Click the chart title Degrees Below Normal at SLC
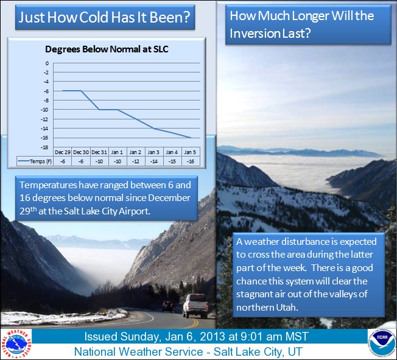pyautogui.click(x=107, y=49)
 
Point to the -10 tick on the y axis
pyautogui.click(x=46, y=110)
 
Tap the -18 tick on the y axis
pyautogui.click(x=46, y=147)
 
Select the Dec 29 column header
pyautogui.click(x=63, y=152)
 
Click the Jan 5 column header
pyautogui.click(x=190, y=152)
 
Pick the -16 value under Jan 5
pyautogui.click(x=190, y=161)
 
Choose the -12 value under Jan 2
pyautogui.click(x=136, y=161)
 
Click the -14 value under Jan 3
pyautogui.click(x=154, y=161)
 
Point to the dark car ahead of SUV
pyautogui.click(x=167, y=306)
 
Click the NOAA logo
pyautogui.click(x=381, y=342)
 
